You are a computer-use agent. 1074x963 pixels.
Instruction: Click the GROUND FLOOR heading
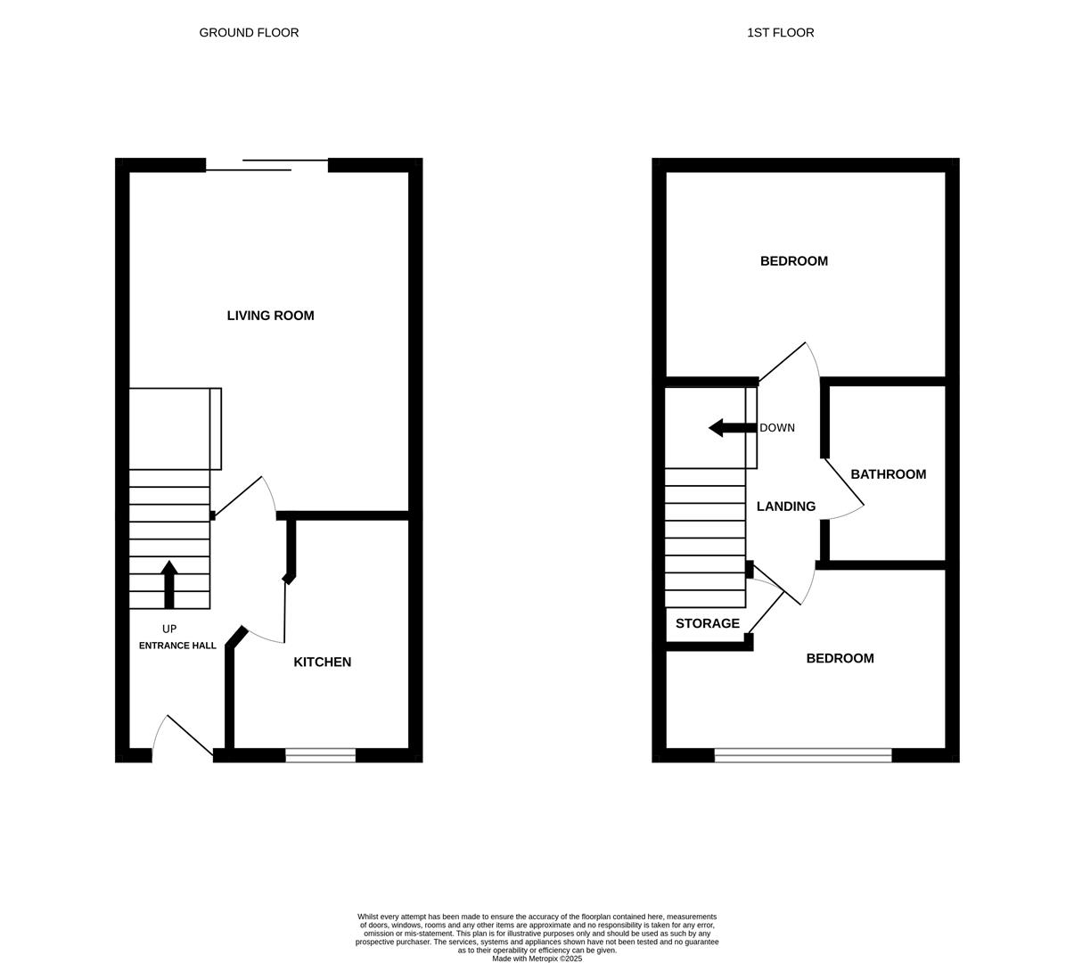249,33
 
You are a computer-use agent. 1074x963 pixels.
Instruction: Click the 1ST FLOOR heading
780,33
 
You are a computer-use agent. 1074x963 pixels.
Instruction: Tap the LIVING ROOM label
270,316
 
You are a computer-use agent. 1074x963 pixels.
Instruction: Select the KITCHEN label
322,663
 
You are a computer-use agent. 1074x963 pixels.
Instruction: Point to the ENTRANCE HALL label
177,646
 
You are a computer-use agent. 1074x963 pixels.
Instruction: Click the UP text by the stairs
169,630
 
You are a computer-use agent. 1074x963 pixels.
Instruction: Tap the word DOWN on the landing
777,428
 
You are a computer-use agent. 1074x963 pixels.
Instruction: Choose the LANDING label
786,506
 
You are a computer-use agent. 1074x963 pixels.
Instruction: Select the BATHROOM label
888,474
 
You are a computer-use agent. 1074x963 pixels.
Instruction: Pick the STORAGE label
707,624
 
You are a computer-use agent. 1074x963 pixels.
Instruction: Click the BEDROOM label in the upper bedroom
793,261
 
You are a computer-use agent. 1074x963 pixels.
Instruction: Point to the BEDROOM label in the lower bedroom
840,659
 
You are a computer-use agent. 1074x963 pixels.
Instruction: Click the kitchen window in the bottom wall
320,756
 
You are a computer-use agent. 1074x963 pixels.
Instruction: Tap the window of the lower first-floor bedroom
802,756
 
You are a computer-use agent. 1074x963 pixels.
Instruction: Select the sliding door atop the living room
266,165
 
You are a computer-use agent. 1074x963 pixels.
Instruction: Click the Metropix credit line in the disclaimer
537,959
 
